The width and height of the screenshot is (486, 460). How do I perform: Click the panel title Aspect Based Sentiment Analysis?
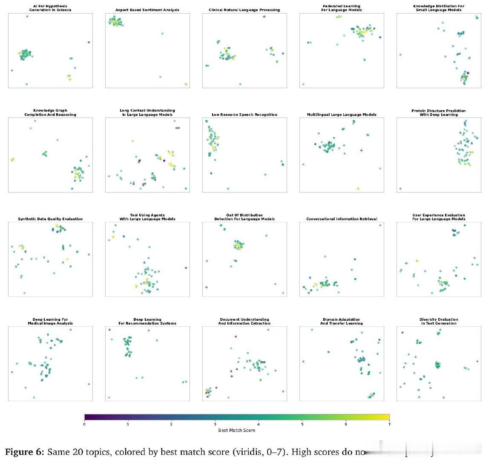[147, 10]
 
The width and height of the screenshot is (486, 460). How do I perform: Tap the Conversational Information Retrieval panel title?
[341, 219]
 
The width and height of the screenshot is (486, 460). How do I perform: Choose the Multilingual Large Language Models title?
[341, 115]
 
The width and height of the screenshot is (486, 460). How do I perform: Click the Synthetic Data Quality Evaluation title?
[50, 219]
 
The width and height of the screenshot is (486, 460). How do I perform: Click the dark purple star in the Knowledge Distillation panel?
[468, 73]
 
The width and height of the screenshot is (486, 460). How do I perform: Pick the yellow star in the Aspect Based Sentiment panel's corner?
[186, 84]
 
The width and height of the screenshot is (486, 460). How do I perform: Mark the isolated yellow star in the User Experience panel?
[417, 261]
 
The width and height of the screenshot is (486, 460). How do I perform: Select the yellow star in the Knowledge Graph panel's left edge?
[12, 160]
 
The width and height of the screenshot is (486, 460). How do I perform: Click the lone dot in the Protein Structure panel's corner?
[400, 189]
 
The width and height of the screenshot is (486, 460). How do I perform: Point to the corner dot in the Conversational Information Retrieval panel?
[380, 225]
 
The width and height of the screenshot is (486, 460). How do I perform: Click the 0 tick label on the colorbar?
[84, 424]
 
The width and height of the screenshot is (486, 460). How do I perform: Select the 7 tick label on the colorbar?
[389, 424]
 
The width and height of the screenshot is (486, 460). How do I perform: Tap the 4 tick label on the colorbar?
[259, 424]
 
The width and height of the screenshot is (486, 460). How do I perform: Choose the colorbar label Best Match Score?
[236, 430]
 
